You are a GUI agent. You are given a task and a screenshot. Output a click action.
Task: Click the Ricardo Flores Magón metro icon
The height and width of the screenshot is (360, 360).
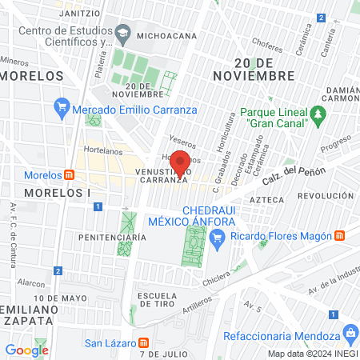pyautogui.click(x=340, y=236)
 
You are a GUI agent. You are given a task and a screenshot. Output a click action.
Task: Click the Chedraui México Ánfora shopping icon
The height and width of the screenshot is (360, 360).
pyautogui.click(x=217, y=236)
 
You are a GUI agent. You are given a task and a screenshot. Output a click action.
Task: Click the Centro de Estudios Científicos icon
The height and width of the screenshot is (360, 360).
pyautogui.click(x=122, y=33)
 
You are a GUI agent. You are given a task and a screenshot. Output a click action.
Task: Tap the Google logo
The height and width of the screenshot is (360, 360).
pyautogui.click(x=26, y=350)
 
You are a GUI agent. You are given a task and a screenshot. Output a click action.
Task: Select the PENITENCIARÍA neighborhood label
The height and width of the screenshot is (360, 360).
pyautogui.click(x=111, y=238)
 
